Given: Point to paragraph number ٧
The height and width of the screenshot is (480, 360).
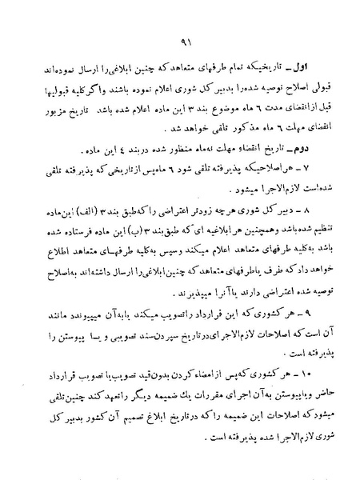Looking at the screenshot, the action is [307, 169].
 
